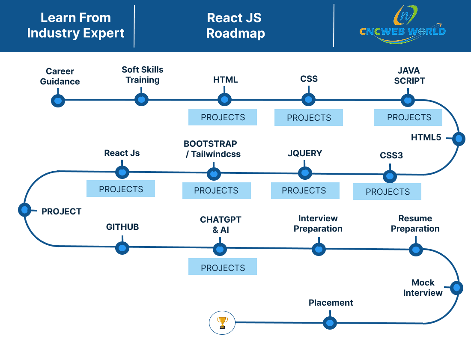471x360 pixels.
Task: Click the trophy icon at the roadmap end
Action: (x=222, y=322)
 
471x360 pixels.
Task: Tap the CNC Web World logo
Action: (x=402, y=25)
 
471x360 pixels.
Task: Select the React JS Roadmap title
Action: (x=235, y=26)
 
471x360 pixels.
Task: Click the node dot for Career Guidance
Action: (x=58, y=101)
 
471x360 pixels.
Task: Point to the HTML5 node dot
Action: (x=459, y=139)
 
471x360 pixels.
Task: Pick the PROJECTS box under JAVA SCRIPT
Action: (x=408, y=117)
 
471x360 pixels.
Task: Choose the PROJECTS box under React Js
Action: (x=121, y=188)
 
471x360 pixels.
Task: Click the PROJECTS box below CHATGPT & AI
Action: (x=223, y=267)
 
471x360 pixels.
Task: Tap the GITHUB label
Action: (x=122, y=227)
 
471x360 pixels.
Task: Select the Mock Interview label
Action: (x=423, y=288)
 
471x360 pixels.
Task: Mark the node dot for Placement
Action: (x=330, y=323)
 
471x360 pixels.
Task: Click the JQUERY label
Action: (x=305, y=153)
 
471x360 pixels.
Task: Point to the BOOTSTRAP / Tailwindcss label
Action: (x=212, y=149)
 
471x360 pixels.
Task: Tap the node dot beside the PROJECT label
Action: (x=25, y=210)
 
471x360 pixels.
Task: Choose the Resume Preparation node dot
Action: (x=416, y=249)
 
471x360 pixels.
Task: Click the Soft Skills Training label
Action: (x=143, y=75)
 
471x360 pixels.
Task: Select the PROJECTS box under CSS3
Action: (x=387, y=192)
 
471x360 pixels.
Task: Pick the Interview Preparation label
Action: (x=318, y=223)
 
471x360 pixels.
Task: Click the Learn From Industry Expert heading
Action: (x=76, y=25)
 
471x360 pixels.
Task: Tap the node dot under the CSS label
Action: (x=308, y=99)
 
